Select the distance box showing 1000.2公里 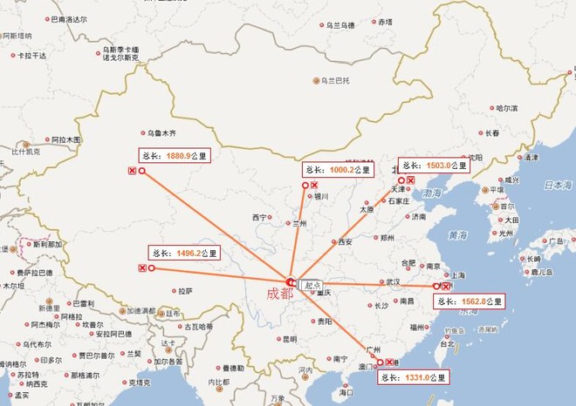point(335,169)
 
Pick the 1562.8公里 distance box point(469,301)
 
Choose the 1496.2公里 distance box point(184,254)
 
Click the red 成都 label point(281,294)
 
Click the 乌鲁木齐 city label point(161,132)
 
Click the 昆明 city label point(289,338)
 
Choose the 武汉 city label point(392,281)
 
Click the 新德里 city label point(48,308)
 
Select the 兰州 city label point(300,223)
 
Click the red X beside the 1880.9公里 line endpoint point(132,172)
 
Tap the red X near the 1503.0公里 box point(410,179)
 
